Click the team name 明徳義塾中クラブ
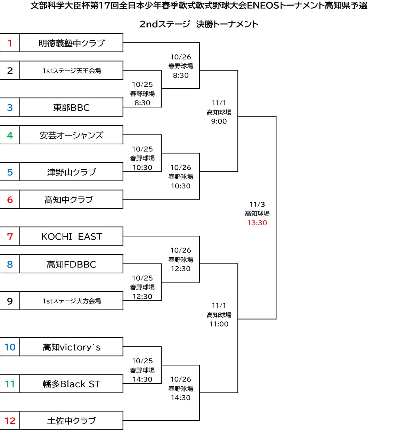point(71,43)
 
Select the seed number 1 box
point(10,43)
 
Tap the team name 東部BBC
point(71,107)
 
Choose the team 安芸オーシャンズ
point(71,135)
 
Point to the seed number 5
point(10,172)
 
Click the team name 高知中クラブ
point(69,200)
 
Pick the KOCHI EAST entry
point(71,236)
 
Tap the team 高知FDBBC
point(71,264)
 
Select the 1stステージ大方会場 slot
point(71,301)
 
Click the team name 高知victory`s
point(71,347)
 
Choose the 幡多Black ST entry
point(71,384)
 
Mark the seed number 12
point(10,421)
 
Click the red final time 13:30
point(257,223)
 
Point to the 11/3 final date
point(257,204)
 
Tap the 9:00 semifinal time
point(219,121)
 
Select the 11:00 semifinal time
point(219,324)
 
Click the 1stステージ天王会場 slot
point(71,71)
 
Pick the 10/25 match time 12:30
point(143,297)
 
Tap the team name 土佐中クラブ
point(71,421)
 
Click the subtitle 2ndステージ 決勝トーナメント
point(199,24)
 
